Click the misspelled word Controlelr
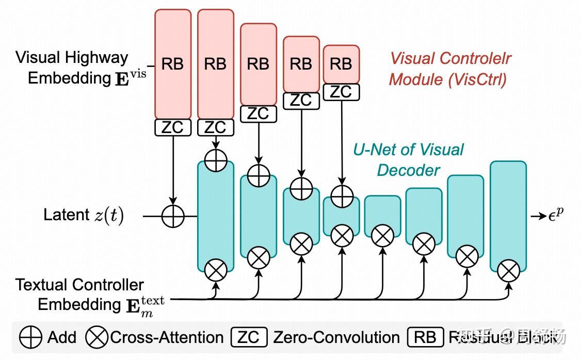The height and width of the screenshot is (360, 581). click(475, 58)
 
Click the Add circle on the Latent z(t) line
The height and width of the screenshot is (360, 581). click(173, 216)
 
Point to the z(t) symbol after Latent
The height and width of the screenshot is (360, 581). click(109, 215)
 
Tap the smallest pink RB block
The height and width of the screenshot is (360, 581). click(341, 64)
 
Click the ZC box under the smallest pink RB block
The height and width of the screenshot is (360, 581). click(341, 92)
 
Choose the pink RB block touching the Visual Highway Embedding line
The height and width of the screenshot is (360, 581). click(173, 64)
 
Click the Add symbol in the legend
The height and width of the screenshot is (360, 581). click(31, 338)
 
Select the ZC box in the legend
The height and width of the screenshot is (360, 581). click(249, 338)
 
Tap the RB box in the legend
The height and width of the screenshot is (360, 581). click(425, 338)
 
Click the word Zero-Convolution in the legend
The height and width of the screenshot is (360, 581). click(336, 338)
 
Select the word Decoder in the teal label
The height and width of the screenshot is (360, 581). click(409, 170)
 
